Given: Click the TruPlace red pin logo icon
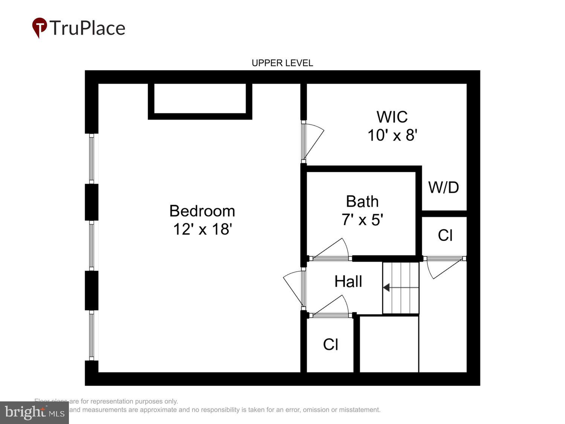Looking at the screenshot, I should point(39,28).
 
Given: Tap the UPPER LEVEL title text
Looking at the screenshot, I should point(282,63).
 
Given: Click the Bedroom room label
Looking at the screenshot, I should point(202,211).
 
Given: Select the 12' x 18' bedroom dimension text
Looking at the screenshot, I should point(202,229).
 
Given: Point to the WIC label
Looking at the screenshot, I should point(392,117).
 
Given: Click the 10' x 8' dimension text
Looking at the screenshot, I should point(392,135).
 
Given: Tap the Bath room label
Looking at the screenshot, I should point(362,202).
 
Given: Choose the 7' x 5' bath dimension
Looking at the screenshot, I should point(362,219).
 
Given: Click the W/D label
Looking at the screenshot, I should point(443,187).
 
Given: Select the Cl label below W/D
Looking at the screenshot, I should point(445,235).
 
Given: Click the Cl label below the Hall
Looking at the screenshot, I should point(330,344).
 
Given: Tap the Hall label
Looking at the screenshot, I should point(348,282).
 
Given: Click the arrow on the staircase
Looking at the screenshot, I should point(386,288).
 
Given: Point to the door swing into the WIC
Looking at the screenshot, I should point(313,141).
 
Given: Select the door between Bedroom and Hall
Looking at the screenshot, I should point(294,288).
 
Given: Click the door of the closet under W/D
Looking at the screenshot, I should point(443,268).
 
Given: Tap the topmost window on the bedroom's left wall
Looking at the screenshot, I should point(91,158).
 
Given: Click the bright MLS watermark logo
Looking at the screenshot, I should point(34,412).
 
